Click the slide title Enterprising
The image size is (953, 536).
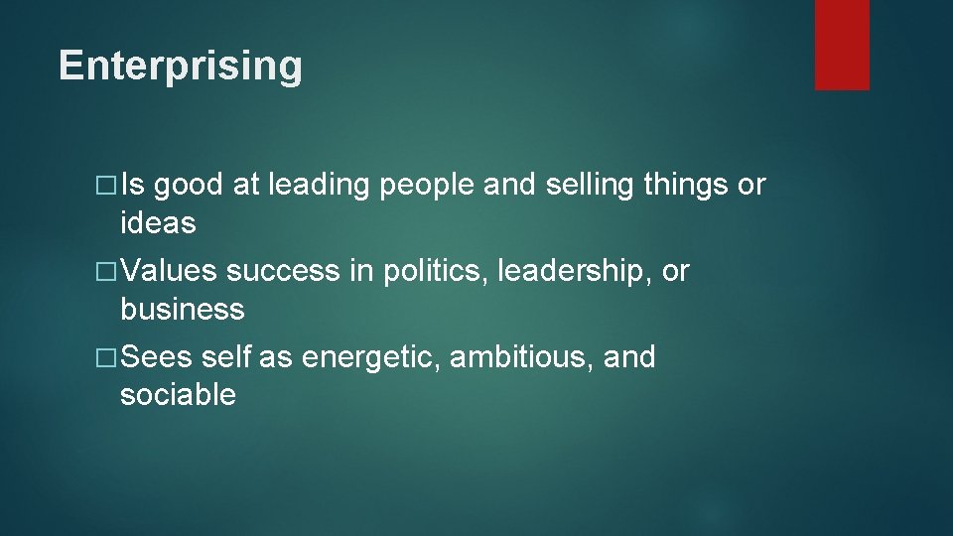(180, 66)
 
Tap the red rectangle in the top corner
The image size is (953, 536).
(842, 45)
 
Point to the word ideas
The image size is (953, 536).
(158, 223)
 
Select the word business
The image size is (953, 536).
(182, 310)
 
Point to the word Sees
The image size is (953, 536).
(158, 356)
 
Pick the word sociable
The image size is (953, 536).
(178, 395)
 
